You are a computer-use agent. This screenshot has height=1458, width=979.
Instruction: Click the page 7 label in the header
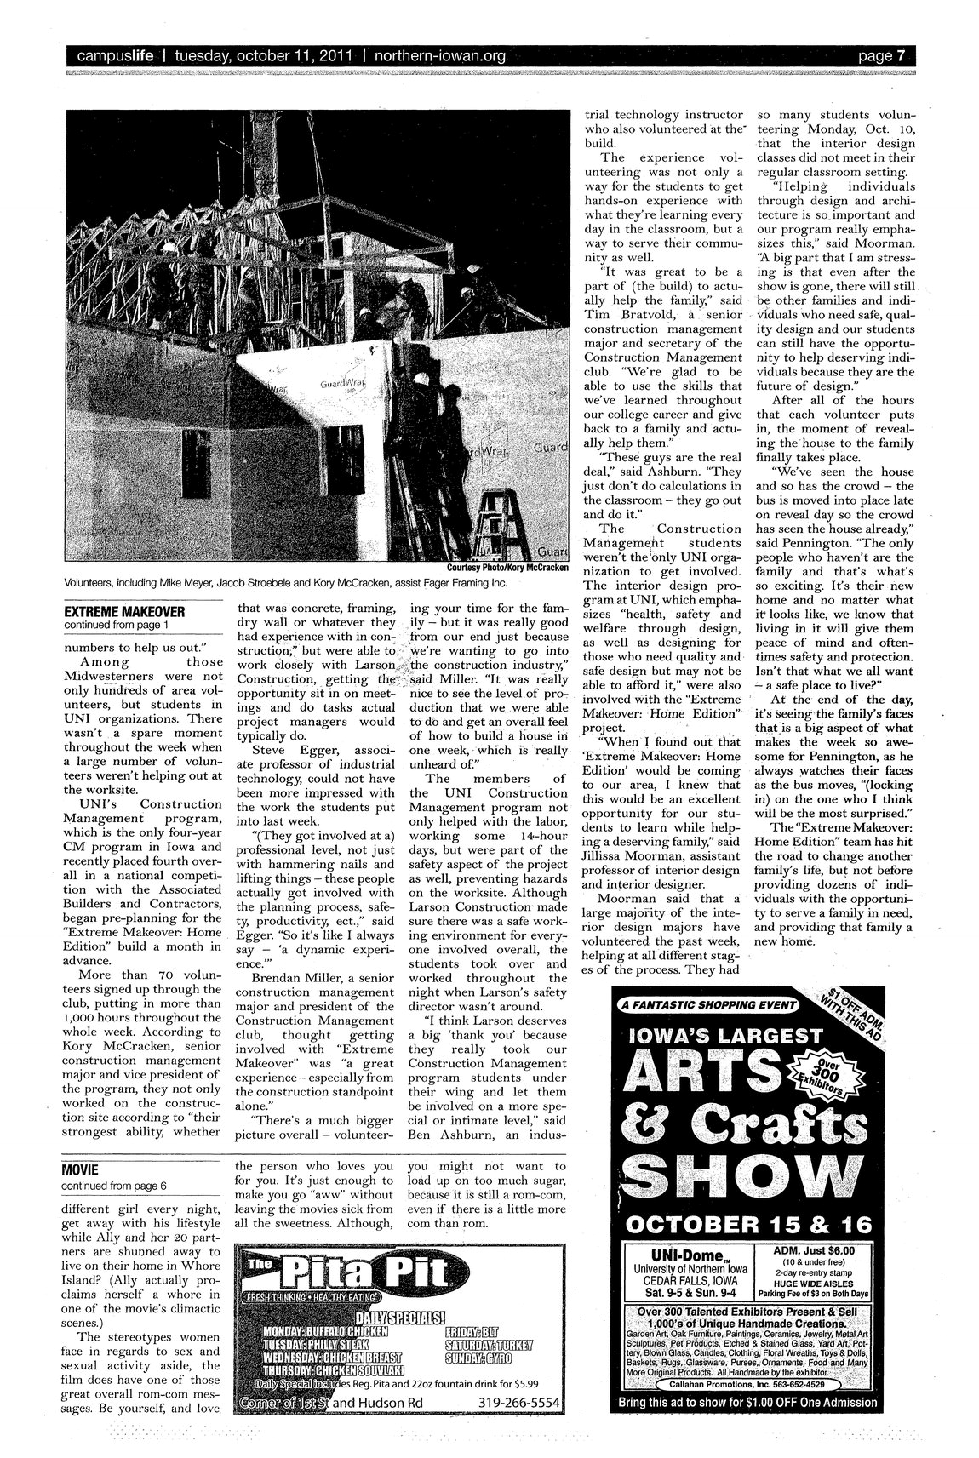tap(880, 57)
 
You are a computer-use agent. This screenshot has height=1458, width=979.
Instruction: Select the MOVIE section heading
tap(81, 1169)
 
